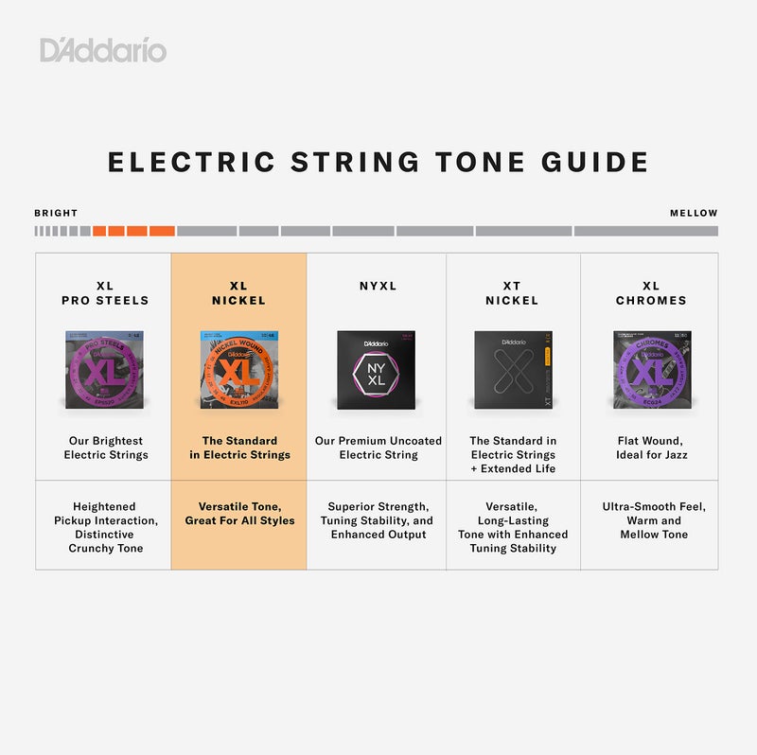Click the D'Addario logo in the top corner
pos(102,49)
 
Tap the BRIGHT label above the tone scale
pos(56,213)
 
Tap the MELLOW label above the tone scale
pos(694,213)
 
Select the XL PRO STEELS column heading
pos(105,293)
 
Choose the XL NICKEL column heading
pos(238,293)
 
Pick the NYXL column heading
pos(378,286)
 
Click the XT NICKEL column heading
pos(512,293)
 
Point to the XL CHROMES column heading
pos(651,293)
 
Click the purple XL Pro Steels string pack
pos(104,369)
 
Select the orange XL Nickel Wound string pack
pos(238,369)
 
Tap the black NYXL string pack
pos(377,369)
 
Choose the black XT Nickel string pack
pos(512,369)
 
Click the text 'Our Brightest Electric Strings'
pos(106,448)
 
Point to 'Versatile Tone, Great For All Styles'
pos(239,514)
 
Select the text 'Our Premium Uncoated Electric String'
pos(378,448)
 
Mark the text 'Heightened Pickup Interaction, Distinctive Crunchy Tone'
pos(105,527)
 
